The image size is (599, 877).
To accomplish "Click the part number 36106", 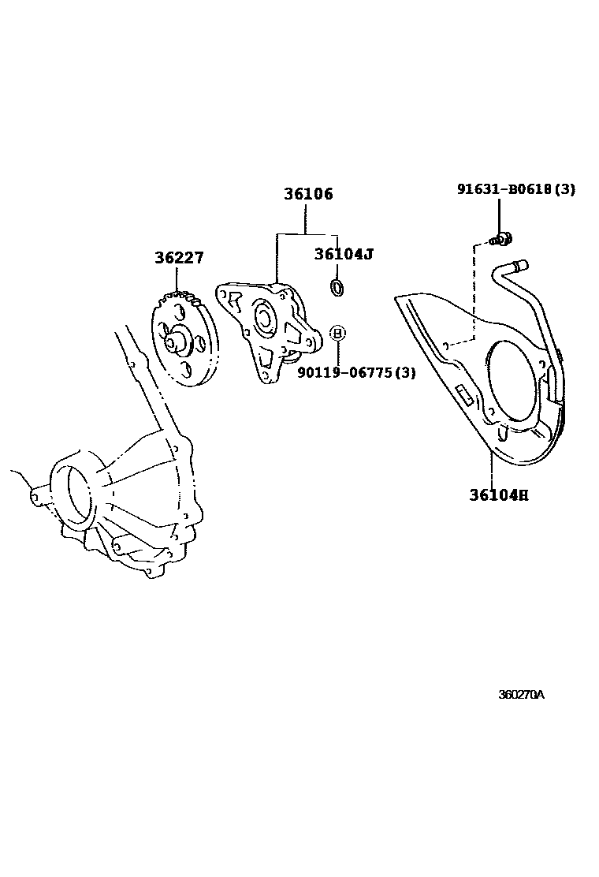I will click(x=308, y=193).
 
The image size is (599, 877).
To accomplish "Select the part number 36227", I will click(x=179, y=258).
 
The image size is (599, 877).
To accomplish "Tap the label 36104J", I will click(x=343, y=254).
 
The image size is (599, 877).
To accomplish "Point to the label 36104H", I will click(x=498, y=495).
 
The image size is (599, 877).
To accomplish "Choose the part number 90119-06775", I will click(x=345, y=372).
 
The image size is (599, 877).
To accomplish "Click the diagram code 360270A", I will click(x=521, y=695).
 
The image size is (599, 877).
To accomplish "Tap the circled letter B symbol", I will click(x=337, y=334).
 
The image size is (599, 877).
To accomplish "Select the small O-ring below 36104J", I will click(x=337, y=287).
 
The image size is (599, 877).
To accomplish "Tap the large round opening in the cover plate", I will click(x=516, y=383).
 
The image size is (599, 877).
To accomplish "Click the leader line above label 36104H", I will click(x=491, y=470).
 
